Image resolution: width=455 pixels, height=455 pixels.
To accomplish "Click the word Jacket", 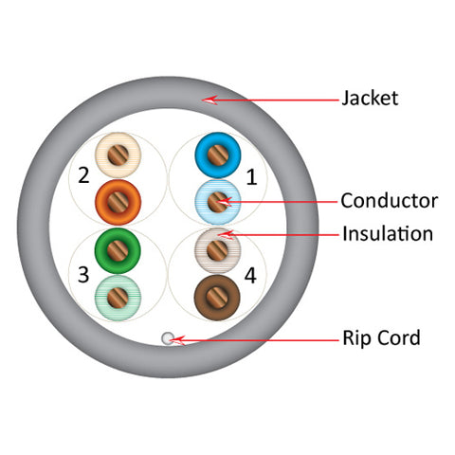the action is point(370,98).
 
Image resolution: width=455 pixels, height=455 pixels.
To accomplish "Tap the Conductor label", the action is point(390,201).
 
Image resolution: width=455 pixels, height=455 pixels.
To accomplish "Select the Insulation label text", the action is point(388,234).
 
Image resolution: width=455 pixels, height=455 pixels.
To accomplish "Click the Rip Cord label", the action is point(381,337).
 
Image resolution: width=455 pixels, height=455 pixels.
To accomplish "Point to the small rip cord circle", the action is point(168,338).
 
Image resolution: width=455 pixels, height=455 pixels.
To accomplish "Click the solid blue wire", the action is point(218,155).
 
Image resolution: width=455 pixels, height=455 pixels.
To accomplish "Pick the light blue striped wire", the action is point(218,202).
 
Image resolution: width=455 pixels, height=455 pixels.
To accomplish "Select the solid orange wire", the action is point(118,202).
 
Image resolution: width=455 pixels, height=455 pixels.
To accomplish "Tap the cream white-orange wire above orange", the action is point(118,155).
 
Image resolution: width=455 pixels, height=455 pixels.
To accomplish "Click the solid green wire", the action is point(118,250).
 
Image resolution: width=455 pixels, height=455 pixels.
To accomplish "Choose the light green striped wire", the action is point(118,298).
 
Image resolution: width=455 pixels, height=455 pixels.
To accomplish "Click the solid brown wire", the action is point(217,298).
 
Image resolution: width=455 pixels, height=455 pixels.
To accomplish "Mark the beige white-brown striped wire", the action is point(217,250).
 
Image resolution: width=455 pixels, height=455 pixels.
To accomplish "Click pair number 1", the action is point(251,176).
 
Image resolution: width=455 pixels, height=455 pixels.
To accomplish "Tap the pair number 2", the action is point(83,175).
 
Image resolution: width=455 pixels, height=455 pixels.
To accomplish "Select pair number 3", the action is point(83,275).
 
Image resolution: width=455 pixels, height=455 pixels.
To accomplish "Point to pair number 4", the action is point(250,276).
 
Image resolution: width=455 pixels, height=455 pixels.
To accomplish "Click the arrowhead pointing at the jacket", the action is point(203,100).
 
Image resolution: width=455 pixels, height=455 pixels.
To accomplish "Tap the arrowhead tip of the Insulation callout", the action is point(218,234).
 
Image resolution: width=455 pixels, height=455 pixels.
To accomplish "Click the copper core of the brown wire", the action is point(217,298).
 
